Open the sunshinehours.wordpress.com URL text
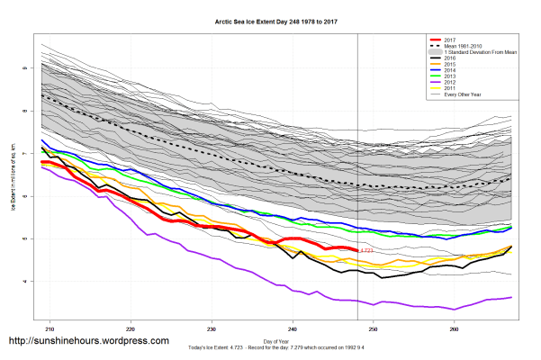coord(87,341)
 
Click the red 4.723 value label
coord(366,250)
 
